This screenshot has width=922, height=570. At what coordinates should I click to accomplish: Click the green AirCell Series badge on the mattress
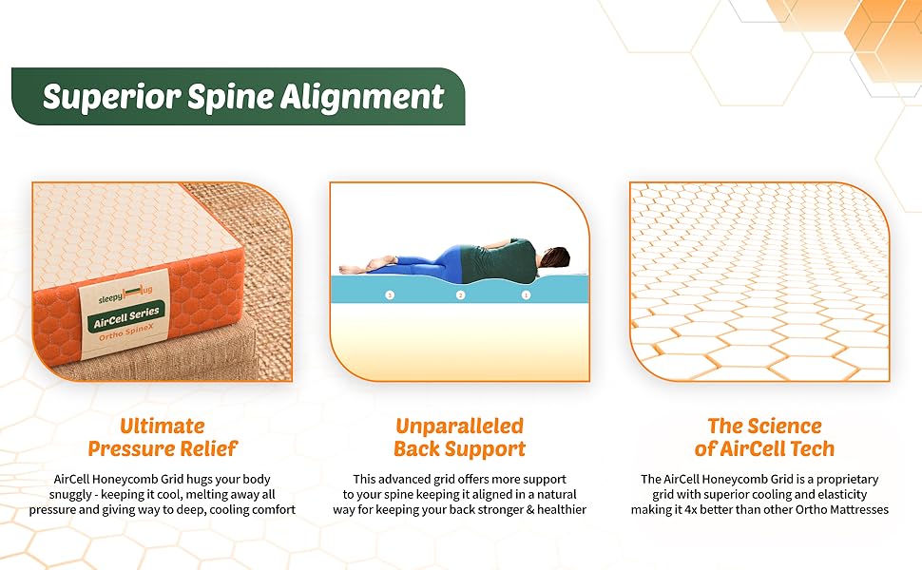127,312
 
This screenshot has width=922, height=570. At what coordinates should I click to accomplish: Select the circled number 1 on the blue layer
526,294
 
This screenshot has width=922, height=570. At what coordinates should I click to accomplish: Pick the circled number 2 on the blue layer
461,295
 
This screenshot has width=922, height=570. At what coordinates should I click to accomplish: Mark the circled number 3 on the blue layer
389,295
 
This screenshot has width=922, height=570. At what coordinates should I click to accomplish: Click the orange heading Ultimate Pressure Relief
163,437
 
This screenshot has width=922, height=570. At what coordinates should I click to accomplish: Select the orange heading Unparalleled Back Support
460,437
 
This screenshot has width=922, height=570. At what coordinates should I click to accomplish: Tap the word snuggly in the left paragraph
73,494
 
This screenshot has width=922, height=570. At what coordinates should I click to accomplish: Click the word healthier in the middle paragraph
556,509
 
